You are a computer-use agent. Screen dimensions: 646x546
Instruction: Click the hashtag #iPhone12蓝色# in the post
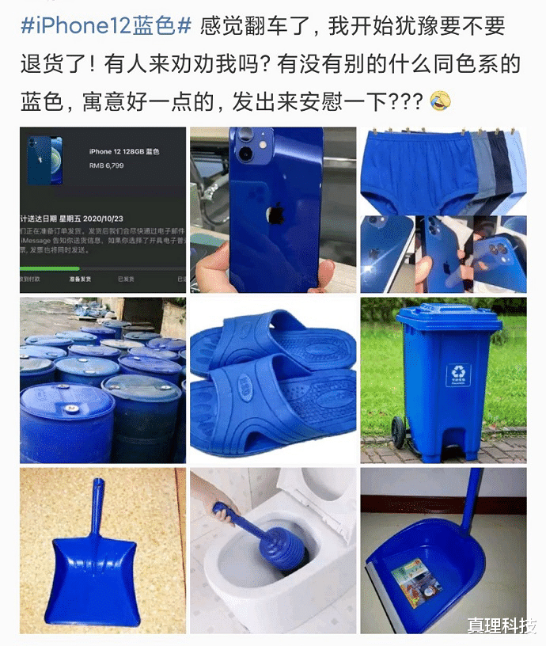click(x=105, y=27)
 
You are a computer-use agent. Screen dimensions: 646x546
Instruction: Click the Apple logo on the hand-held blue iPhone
click(x=275, y=213)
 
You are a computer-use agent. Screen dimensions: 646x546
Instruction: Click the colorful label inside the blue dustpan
click(x=419, y=577)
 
